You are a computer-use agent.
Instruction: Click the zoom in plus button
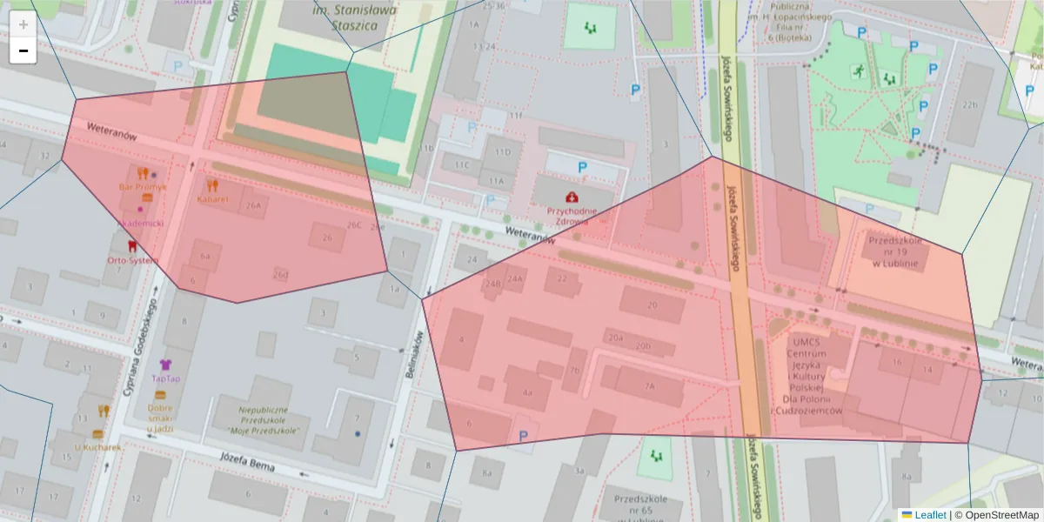coord(23,24)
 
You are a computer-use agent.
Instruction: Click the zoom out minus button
coord(23,50)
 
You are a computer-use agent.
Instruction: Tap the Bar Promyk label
coord(144,186)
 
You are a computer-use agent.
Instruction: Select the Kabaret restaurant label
coord(212,198)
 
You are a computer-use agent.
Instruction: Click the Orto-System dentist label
coord(132,260)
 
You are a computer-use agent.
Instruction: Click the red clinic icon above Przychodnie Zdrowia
coord(572,197)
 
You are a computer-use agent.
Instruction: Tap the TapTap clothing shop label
coord(165,378)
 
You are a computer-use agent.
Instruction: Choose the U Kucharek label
coord(97,447)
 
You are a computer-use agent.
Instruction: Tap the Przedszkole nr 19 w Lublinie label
coord(896,251)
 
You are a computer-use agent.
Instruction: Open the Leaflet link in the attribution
coord(929,514)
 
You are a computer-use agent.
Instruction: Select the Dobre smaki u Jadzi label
coord(160,418)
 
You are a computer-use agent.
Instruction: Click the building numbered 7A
coord(649,385)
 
